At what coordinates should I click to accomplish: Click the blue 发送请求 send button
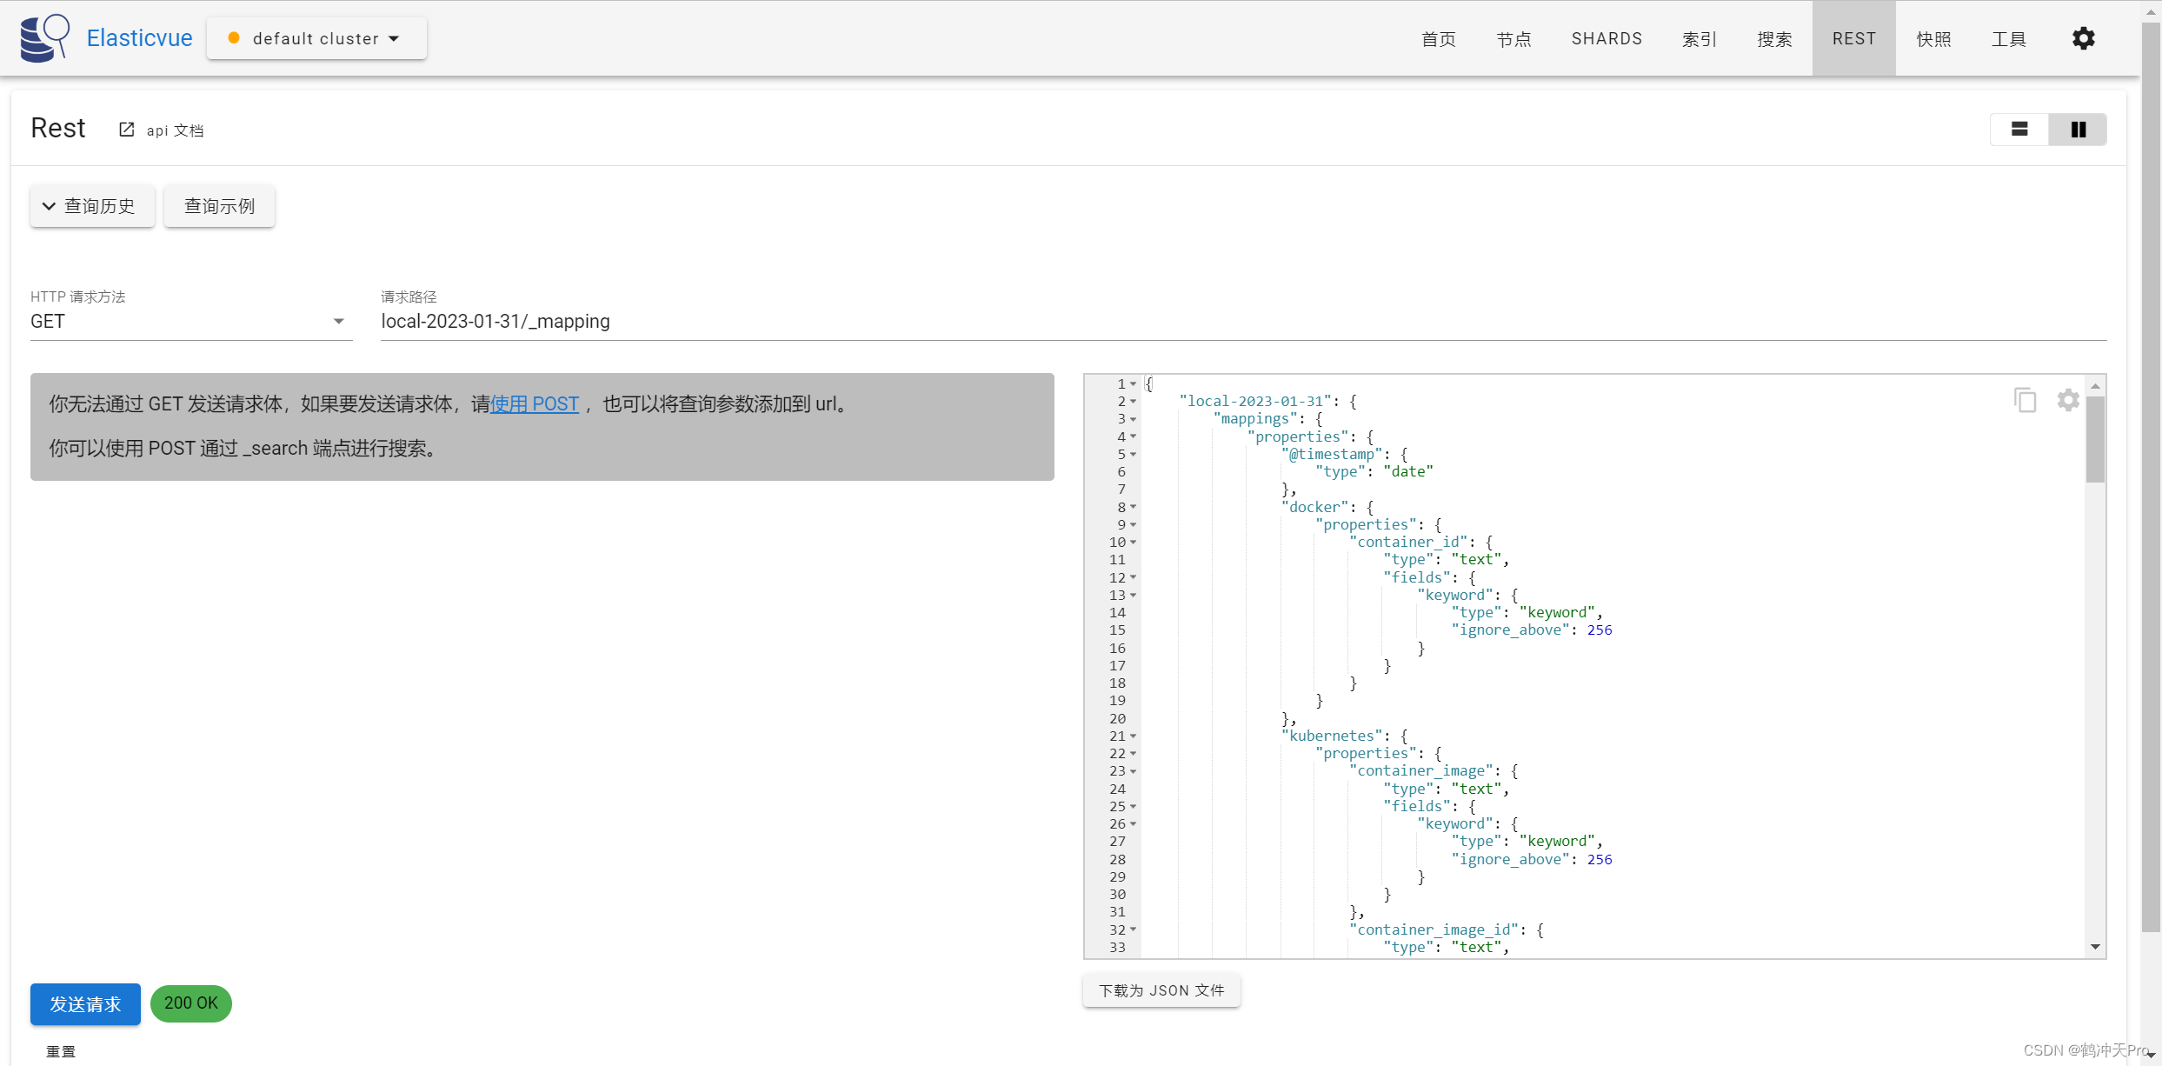85,1004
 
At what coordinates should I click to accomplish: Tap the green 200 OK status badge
191,1003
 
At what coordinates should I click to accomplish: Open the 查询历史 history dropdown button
92,206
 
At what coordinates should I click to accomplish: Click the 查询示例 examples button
219,206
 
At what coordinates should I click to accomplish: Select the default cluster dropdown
316,39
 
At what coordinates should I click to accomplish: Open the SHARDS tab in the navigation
1607,39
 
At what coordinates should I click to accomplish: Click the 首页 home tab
1438,39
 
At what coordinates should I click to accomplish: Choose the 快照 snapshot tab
1933,39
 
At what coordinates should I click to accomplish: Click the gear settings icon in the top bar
2083,39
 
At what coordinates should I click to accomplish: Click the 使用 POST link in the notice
535,404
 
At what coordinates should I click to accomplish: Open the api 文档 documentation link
163,130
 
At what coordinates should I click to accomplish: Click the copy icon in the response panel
2025,400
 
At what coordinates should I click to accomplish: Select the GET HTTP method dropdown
190,322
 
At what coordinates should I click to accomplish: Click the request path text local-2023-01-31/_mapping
496,322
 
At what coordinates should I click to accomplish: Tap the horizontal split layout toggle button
2019,130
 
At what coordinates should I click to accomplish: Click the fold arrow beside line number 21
1133,736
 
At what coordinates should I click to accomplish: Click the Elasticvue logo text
139,38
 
